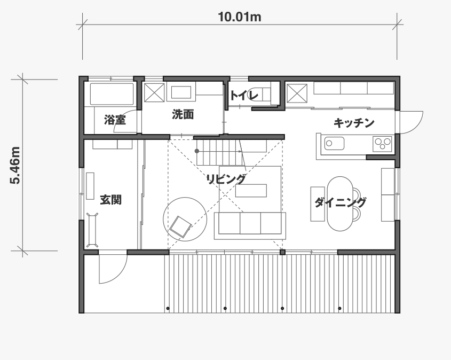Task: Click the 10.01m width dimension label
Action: [x=240, y=17]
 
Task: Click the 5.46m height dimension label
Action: [x=15, y=165]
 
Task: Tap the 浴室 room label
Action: [x=115, y=120]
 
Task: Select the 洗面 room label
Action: [x=183, y=114]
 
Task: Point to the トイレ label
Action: [x=244, y=95]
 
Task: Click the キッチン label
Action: [x=354, y=123]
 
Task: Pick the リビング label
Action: [x=226, y=179]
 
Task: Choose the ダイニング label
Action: [x=341, y=202]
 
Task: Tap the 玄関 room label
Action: [x=110, y=200]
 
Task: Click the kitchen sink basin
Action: [x=334, y=143]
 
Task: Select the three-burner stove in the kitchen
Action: [x=382, y=144]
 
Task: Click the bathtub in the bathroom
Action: [x=112, y=94]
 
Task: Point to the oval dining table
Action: [x=340, y=204]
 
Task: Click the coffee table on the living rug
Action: [x=251, y=191]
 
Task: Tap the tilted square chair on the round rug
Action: [x=180, y=227]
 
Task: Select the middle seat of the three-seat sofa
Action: [x=250, y=223]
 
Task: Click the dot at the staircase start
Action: [x=197, y=151]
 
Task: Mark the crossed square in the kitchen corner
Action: [x=297, y=93]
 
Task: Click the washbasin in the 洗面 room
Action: [x=181, y=92]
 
